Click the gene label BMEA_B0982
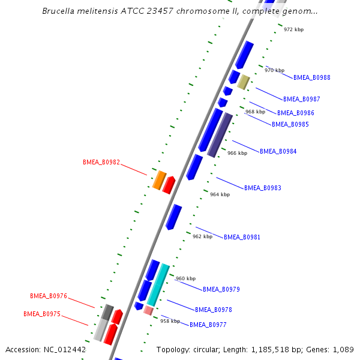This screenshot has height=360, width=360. tap(101, 163)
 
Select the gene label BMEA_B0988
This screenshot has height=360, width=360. tap(312, 77)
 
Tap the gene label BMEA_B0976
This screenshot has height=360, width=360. tap(49, 296)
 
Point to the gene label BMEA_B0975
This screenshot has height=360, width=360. tap(42, 314)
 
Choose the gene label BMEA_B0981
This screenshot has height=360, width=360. tap(242, 237)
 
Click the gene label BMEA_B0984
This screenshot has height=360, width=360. tap(278, 151)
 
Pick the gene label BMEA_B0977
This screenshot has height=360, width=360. tap(208, 325)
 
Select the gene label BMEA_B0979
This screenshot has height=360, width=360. tap(221, 289)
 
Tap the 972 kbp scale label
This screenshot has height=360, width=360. tap(293, 29)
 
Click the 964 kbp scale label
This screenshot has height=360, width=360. tap(220, 194)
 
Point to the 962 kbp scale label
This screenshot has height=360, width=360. tap(203, 236)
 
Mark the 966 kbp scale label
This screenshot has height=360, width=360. tap(238, 153)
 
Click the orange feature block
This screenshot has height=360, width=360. tap(160, 180)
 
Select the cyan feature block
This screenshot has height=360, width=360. tap(158, 285)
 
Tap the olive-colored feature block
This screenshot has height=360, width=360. tap(244, 82)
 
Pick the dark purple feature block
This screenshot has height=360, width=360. tap(220, 135)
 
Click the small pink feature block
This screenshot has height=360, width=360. tap(148, 311)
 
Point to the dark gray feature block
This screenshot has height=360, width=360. tap(107, 312)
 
